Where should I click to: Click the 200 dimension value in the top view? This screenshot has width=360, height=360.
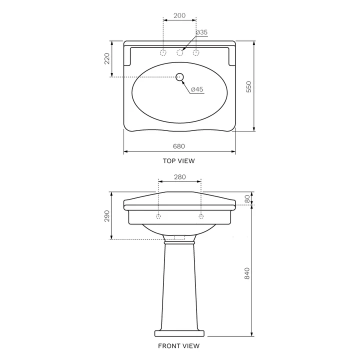coord(179,15)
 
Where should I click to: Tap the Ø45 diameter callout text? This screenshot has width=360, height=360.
coord(196,89)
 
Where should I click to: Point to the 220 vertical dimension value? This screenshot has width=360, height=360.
coord(106,59)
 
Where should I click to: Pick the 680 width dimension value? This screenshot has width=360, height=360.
coord(179,146)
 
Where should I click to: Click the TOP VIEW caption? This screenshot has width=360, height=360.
coord(178,161)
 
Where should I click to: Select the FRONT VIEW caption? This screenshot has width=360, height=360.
coord(178,345)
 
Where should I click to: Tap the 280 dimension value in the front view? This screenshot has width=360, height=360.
coord(179,177)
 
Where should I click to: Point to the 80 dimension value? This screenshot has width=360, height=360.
coord(247,198)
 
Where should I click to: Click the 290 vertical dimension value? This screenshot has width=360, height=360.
coord(106,215)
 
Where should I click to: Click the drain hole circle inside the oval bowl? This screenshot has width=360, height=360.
coord(180,77)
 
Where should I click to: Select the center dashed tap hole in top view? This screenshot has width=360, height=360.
coord(179,52)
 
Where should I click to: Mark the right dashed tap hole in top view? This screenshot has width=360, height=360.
coord(196,52)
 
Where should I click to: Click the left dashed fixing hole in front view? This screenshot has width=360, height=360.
coord(158,216)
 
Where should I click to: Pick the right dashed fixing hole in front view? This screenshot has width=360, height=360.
coord(201,216)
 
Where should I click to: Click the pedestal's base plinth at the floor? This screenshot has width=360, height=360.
coord(179,333)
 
